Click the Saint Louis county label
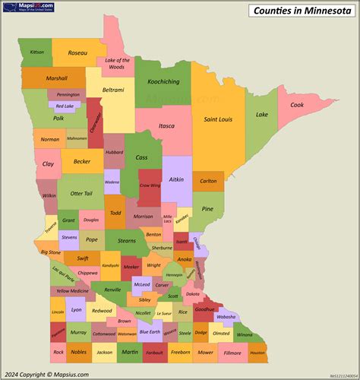click(217, 119)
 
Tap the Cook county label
click(297, 105)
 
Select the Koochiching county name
click(163, 81)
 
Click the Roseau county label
click(77, 53)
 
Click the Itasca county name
click(166, 125)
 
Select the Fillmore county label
click(232, 353)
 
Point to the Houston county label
click(257, 353)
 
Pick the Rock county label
click(58, 353)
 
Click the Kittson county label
click(37, 52)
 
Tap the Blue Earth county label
click(150, 332)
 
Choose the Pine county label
click(208, 208)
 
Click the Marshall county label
click(56, 78)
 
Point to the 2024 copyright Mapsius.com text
click(47, 374)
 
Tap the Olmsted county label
click(221, 333)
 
